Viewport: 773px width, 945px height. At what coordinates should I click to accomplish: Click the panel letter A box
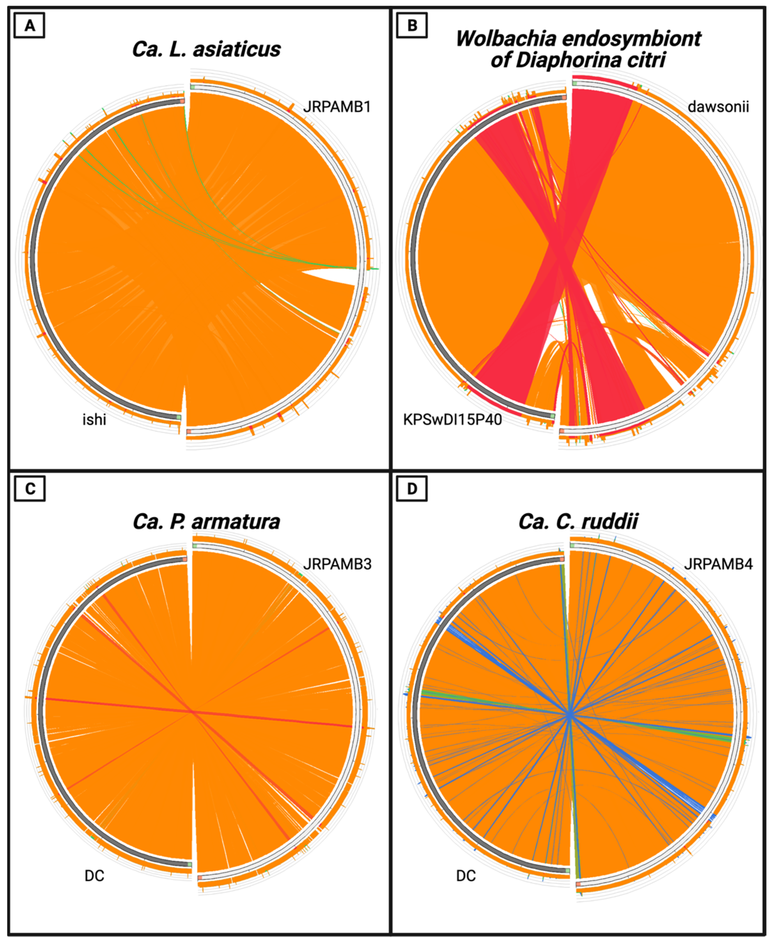click(x=29, y=26)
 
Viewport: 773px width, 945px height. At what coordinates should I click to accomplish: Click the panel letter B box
click(x=412, y=26)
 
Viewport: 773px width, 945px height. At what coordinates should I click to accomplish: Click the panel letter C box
click(x=29, y=489)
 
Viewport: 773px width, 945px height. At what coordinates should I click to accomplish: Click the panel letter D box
click(x=412, y=489)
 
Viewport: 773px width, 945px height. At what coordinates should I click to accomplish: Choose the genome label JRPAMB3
click(x=337, y=564)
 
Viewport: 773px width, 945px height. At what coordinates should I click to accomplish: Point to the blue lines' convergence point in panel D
click(x=570, y=716)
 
